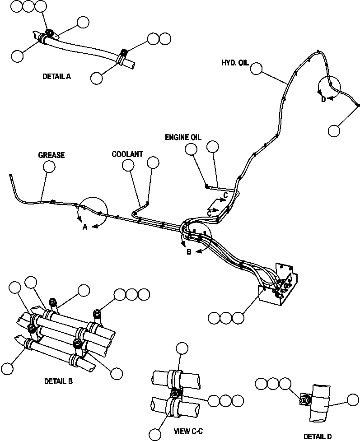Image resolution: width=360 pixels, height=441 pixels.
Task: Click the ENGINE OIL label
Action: click(x=183, y=137)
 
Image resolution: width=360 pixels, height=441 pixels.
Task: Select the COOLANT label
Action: click(x=127, y=154)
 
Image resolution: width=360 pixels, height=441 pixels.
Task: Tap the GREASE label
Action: click(x=51, y=155)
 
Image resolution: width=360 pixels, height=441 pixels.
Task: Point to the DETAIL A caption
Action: click(x=56, y=77)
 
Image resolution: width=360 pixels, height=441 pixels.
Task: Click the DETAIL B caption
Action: click(x=58, y=381)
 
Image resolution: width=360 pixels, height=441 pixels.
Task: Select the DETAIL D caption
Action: click(x=318, y=436)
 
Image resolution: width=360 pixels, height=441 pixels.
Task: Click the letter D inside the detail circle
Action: click(x=323, y=100)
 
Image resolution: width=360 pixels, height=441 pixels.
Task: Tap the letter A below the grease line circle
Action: click(x=84, y=227)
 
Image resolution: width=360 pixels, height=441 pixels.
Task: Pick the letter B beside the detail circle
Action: click(x=189, y=252)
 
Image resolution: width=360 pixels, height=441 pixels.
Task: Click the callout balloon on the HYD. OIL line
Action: click(x=257, y=69)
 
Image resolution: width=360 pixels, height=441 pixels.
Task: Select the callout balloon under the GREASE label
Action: click(x=49, y=167)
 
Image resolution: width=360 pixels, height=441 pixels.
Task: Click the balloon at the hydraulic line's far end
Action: click(x=334, y=131)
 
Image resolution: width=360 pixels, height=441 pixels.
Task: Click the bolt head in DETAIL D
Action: click(x=304, y=399)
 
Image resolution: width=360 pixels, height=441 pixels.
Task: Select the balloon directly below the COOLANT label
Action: click(x=128, y=166)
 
